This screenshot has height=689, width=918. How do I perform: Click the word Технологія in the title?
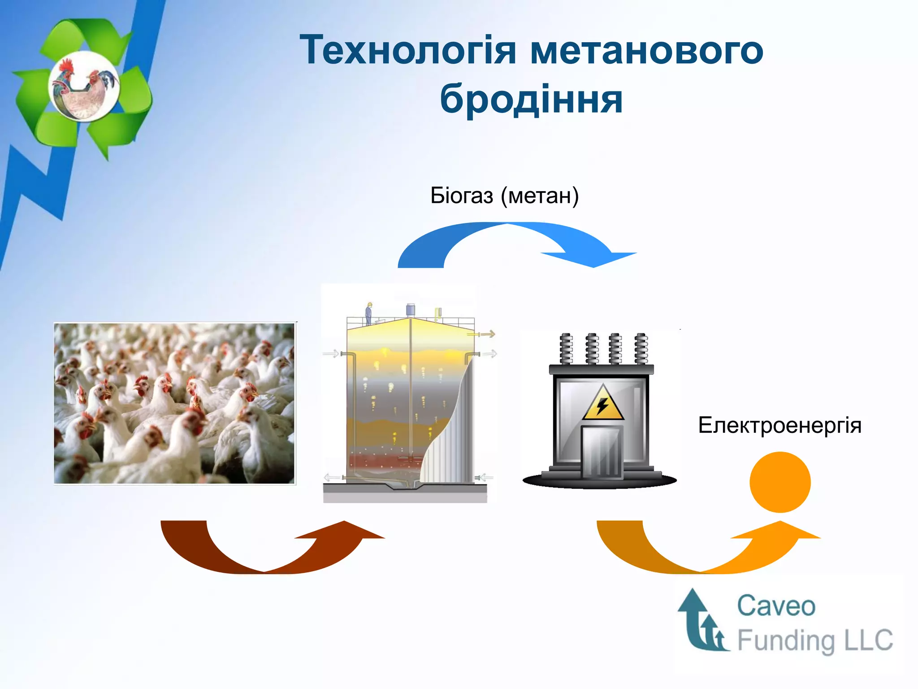click(408, 50)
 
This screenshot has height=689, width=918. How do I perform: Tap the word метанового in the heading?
click(646, 50)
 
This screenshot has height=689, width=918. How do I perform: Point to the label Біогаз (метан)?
click(504, 196)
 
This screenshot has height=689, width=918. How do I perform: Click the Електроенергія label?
click(779, 425)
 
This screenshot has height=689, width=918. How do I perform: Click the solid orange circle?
click(780, 482)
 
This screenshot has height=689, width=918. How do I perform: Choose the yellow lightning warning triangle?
click(603, 404)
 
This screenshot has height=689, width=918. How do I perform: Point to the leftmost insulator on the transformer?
click(567, 349)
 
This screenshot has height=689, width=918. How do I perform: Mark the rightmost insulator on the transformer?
click(641, 349)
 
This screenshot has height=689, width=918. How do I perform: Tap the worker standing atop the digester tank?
click(369, 313)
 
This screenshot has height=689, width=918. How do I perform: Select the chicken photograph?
click(174, 403)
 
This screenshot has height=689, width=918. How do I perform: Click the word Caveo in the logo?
click(776, 606)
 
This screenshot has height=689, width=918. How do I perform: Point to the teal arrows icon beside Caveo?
click(701, 621)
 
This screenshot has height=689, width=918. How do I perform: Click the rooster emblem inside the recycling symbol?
click(84, 86)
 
